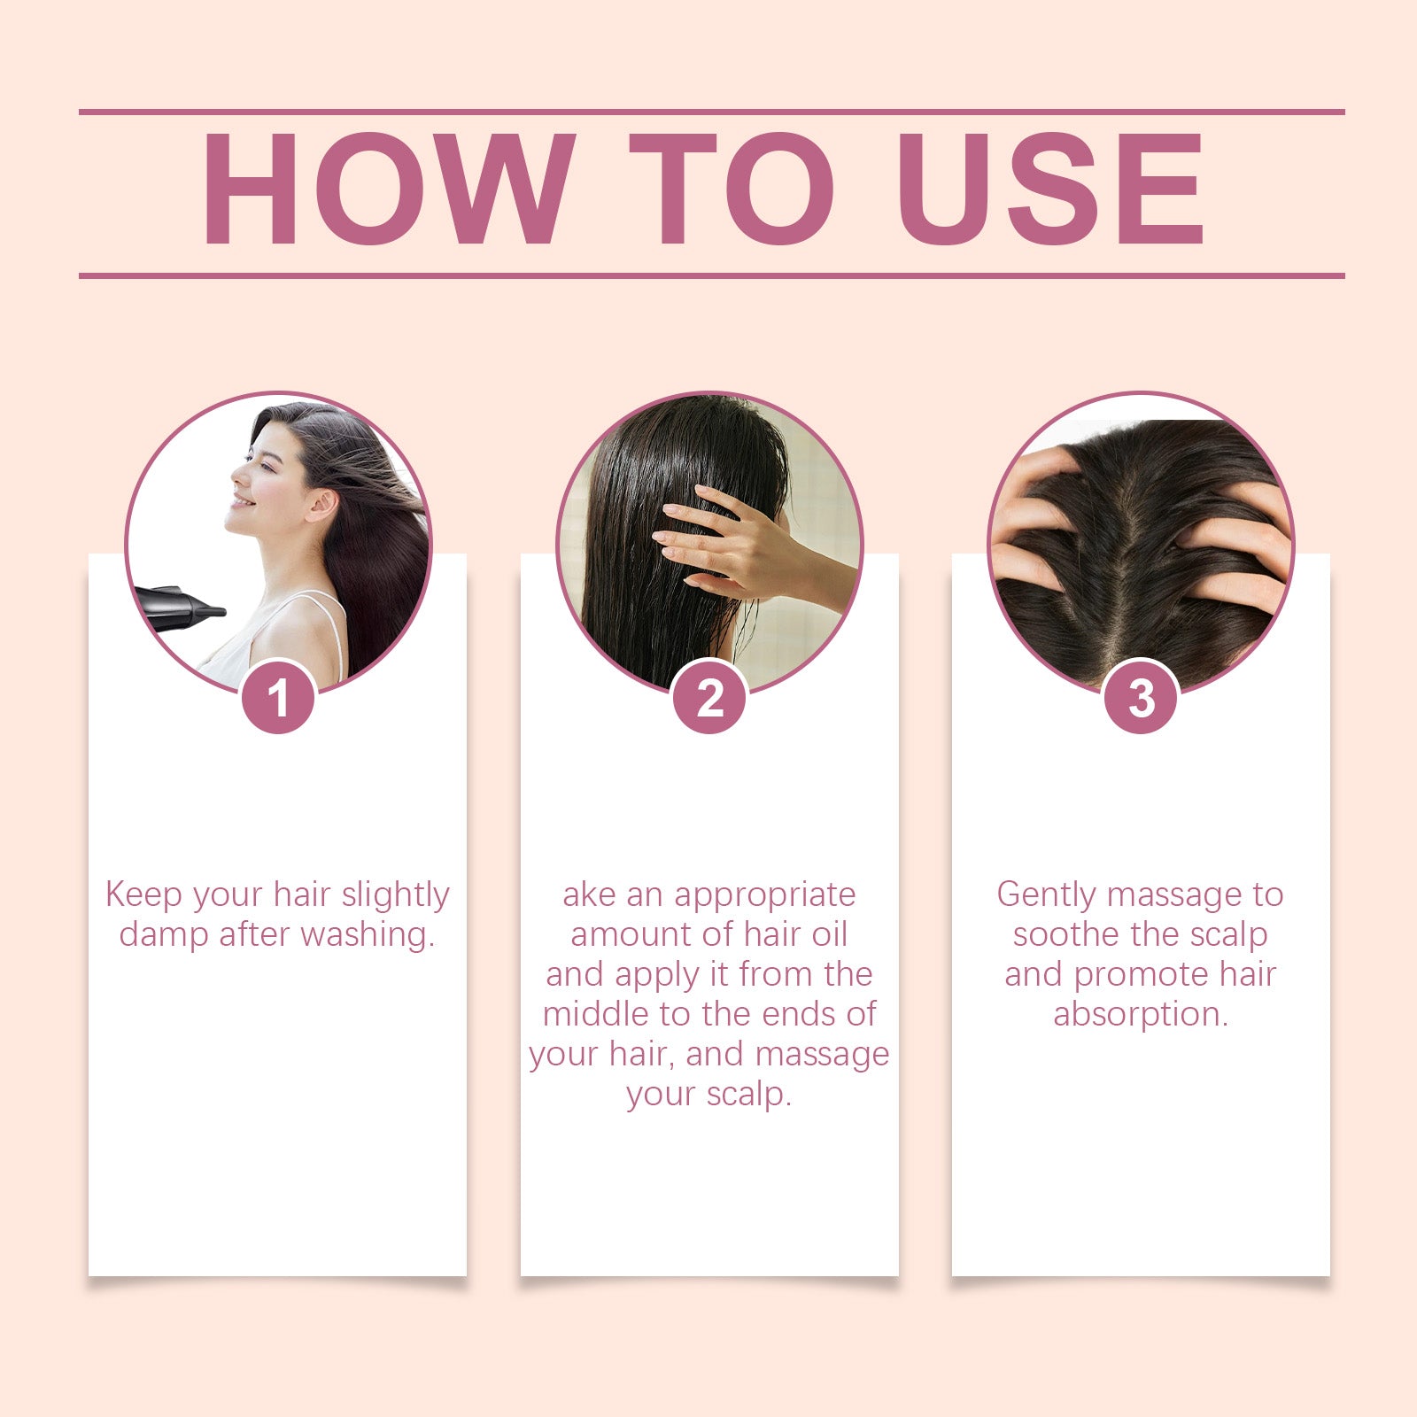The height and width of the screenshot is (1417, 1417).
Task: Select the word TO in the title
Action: point(731,189)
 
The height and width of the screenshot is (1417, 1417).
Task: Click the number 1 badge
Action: point(278,698)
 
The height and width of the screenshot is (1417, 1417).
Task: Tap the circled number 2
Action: point(709,698)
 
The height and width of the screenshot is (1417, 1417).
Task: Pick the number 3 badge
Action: point(1141,698)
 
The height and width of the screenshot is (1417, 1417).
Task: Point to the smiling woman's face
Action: point(261,483)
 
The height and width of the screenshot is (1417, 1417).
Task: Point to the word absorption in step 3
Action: point(1140,1015)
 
